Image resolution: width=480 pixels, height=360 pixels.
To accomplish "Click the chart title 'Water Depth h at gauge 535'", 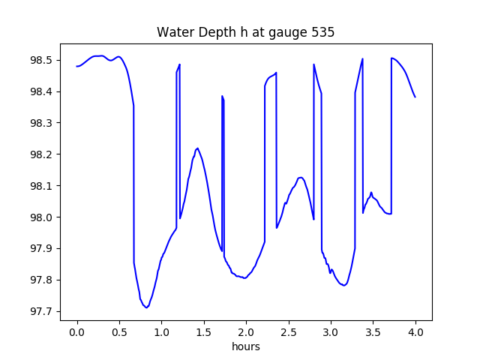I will point(245,33).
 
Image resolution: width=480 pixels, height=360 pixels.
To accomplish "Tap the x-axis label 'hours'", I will point(246,347).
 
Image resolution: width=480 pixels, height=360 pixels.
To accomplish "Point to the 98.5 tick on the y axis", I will point(41,60).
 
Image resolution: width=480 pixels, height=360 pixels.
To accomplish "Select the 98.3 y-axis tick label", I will point(41,123).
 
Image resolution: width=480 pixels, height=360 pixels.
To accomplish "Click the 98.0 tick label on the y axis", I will point(41,217).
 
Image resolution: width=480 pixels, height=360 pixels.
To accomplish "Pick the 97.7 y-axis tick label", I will point(41,311).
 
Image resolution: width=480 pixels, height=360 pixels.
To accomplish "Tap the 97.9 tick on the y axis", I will point(41,249).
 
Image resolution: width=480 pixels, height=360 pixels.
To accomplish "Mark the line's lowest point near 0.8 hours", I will point(146,307).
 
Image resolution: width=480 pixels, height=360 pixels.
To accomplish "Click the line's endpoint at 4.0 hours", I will point(415,97).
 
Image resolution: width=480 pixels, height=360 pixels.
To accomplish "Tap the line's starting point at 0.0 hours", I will point(77,66).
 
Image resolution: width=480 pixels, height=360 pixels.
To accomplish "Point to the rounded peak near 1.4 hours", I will point(197,148).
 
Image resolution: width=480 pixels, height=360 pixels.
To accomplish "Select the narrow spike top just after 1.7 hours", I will point(223,96).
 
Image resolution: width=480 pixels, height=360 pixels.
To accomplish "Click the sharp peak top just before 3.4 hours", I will point(363,58).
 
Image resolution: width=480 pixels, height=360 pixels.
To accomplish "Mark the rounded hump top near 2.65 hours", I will point(301,178).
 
